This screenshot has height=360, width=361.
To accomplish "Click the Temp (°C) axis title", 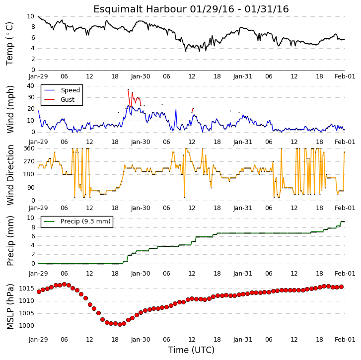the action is [9, 44].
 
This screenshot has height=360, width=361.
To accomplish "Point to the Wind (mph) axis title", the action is [10, 109].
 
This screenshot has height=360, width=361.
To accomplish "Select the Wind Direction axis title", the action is [10, 175].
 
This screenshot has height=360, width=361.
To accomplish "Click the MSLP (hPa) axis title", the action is [10, 306].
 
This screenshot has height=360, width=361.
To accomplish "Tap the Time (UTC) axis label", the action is [191, 350].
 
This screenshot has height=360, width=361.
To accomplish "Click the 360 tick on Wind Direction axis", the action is [29, 148].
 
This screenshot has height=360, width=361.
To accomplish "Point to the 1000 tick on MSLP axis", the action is [27, 326].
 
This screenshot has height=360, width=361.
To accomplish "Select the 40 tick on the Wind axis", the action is [31, 86].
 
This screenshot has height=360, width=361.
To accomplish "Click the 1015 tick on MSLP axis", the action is [27, 288].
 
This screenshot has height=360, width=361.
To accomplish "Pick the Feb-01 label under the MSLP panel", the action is [345, 340].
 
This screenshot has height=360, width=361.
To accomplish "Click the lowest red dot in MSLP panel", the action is [120, 325].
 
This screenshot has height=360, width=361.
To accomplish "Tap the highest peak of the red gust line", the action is [128, 89].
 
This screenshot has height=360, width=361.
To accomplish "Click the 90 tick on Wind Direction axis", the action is [31, 188].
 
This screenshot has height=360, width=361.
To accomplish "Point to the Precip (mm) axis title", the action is [10, 241].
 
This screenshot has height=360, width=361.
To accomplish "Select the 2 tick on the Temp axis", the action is [33, 59].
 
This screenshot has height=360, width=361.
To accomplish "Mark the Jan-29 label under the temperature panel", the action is [38, 76].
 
